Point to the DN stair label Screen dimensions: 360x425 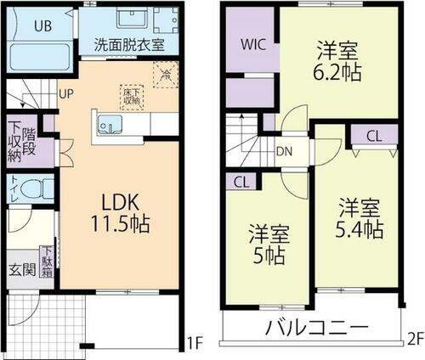tap(286, 152)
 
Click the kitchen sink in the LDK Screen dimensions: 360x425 tap(111, 125)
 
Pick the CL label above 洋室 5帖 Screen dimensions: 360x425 tap(241, 181)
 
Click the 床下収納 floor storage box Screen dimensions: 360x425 tap(132, 97)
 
